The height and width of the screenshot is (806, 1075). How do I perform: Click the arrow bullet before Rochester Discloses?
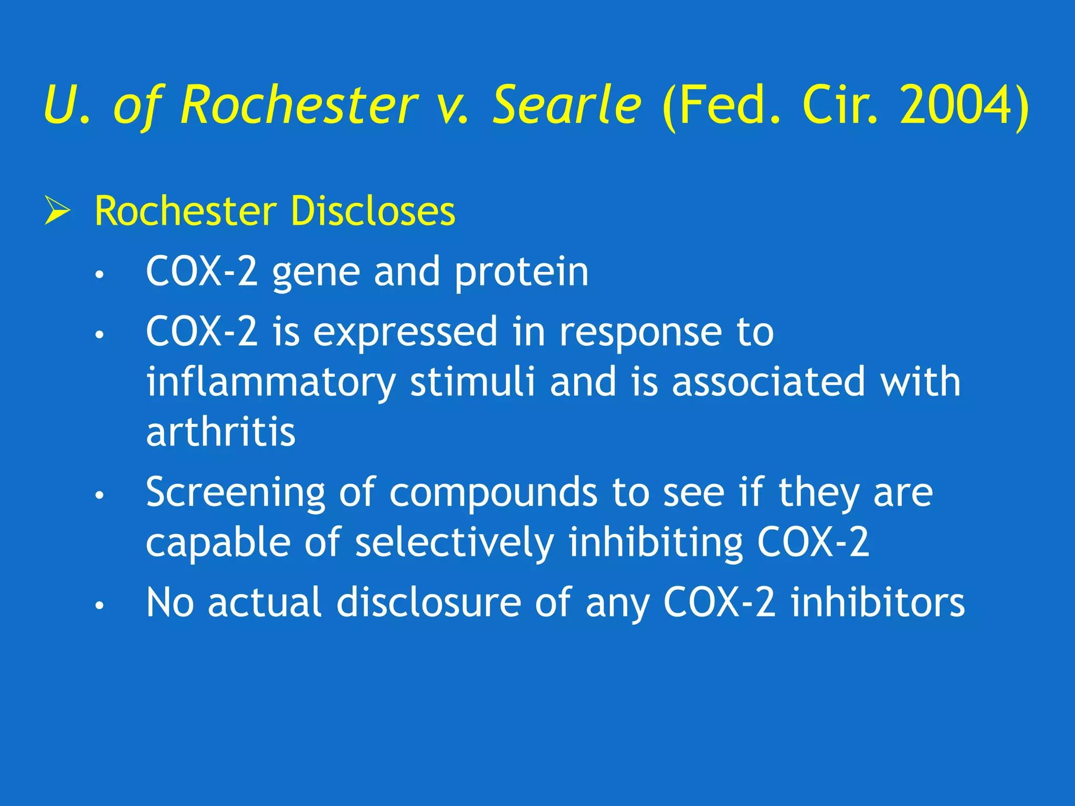pyautogui.click(x=57, y=210)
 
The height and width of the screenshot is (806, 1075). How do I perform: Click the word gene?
pyautogui.click(x=316, y=273)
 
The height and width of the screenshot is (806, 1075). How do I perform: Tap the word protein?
pyautogui.click(x=521, y=273)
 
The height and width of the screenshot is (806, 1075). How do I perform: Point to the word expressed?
pyautogui.click(x=405, y=333)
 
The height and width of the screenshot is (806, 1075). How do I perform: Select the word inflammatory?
pyautogui.click(x=271, y=383)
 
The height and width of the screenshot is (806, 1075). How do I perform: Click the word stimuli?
pyautogui.click(x=472, y=381)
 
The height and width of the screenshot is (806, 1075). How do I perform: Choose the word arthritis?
pyautogui.click(x=220, y=432)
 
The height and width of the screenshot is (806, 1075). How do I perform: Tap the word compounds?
pyautogui.click(x=493, y=493)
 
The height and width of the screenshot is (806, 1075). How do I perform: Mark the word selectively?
pyautogui.click(x=455, y=543)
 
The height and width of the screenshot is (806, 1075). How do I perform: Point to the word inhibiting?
pyautogui.click(x=656, y=543)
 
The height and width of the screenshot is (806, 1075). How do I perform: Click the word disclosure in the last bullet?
pyautogui.click(x=428, y=603)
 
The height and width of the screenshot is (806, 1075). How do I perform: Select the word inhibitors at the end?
pyautogui.click(x=878, y=603)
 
